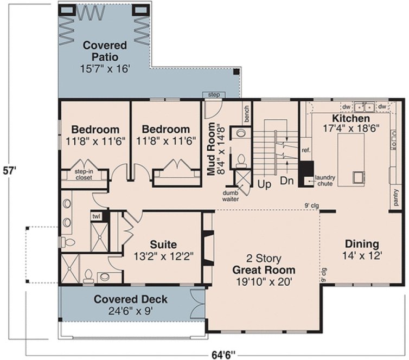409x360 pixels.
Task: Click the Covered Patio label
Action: click(105, 51)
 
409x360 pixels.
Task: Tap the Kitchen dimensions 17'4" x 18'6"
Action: click(352, 129)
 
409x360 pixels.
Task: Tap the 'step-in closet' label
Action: click(84, 174)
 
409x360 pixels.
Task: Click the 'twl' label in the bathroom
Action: click(97, 216)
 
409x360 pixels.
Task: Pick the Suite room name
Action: click(163, 244)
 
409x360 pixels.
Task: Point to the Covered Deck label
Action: click(130, 299)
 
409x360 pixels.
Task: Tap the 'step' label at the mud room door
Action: click(214, 95)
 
